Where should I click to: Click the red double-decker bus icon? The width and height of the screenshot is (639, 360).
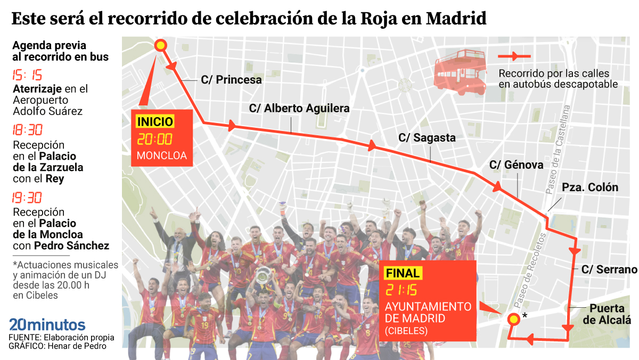(x=461, y=72)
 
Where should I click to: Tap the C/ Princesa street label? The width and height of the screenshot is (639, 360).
(x=231, y=80)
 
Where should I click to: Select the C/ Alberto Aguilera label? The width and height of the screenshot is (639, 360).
(x=299, y=108)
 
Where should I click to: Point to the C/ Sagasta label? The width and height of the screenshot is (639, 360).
(x=427, y=137)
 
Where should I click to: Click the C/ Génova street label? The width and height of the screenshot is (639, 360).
(x=517, y=165)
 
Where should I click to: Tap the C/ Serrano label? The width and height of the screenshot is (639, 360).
(x=609, y=269)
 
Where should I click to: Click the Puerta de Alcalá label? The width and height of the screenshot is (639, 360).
(x=607, y=314)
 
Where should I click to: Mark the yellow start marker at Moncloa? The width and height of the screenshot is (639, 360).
(x=160, y=45)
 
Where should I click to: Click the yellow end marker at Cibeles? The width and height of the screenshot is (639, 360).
(x=513, y=319)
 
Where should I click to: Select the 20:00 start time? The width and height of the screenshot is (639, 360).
(x=155, y=140)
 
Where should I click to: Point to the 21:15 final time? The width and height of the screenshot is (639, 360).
(x=402, y=291)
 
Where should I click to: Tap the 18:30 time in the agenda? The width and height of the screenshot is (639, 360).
(x=27, y=130)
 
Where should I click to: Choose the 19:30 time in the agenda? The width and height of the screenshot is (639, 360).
(x=27, y=198)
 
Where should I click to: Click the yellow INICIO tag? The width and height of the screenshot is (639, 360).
(x=155, y=122)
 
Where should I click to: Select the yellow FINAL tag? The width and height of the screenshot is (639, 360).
(x=403, y=273)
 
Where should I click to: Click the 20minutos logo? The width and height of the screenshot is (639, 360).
(x=47, y=324)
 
